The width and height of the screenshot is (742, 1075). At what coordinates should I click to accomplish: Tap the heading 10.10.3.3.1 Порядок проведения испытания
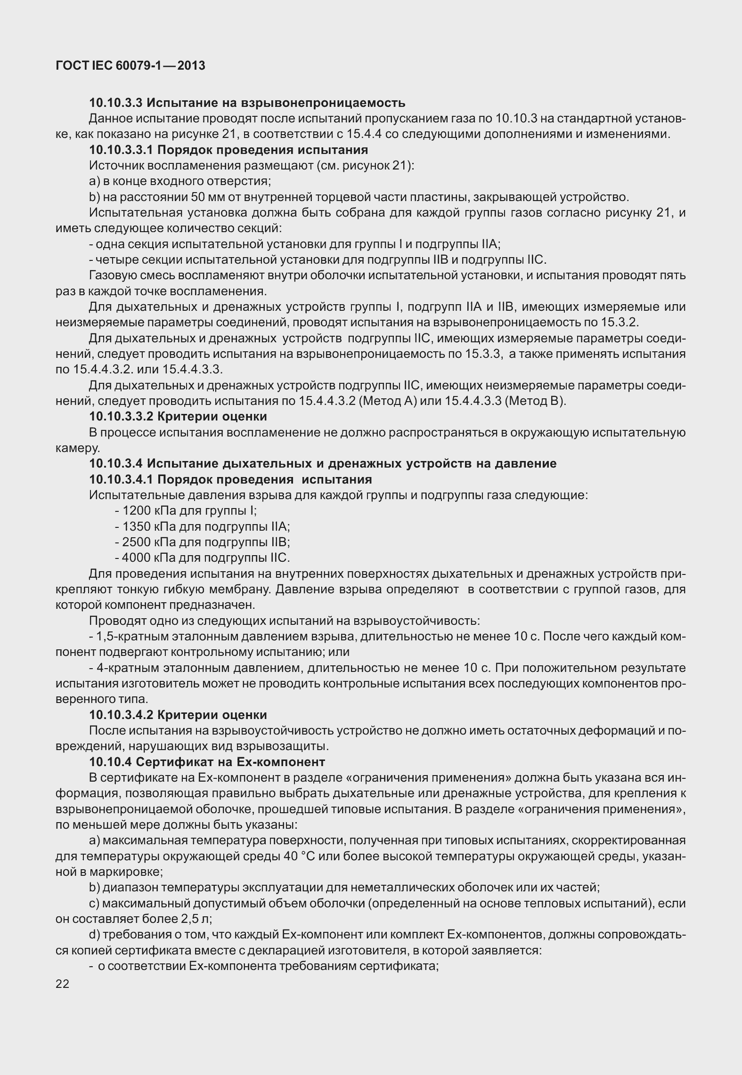[228, 150]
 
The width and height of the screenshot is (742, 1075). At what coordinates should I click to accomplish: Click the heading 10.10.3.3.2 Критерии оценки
[178, 416]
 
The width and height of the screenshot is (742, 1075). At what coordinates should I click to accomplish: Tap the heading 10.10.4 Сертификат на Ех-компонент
[207, 761]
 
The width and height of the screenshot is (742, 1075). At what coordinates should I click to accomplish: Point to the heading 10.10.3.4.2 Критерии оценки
[178, 715]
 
